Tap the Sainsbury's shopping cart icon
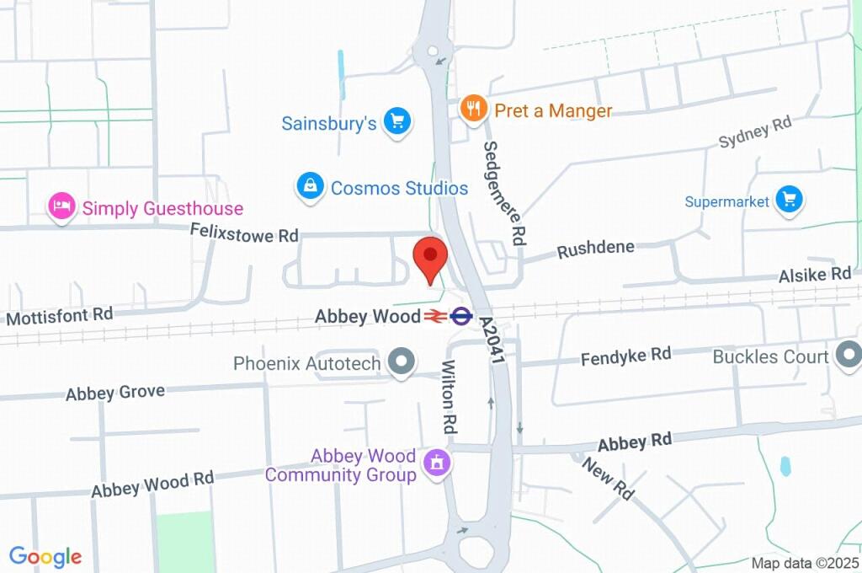[396, 122]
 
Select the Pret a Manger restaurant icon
[474, 109]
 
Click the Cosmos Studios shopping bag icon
[311, 187]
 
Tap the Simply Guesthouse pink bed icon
[61, 207]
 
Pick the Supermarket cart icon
[789, 201]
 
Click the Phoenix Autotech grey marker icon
[402, 362]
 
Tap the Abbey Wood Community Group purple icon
[437, 463]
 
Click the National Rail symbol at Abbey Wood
[435, 316]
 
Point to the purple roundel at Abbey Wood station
[460, 316]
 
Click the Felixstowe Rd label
[232, 233]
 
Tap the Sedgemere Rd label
[504, 193]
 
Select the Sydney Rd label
[755, 133]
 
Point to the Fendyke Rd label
[625, 356]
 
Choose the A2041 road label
[492, 340]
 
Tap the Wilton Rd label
[449, 397]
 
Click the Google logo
[45, 557]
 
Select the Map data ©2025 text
[804, 562]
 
